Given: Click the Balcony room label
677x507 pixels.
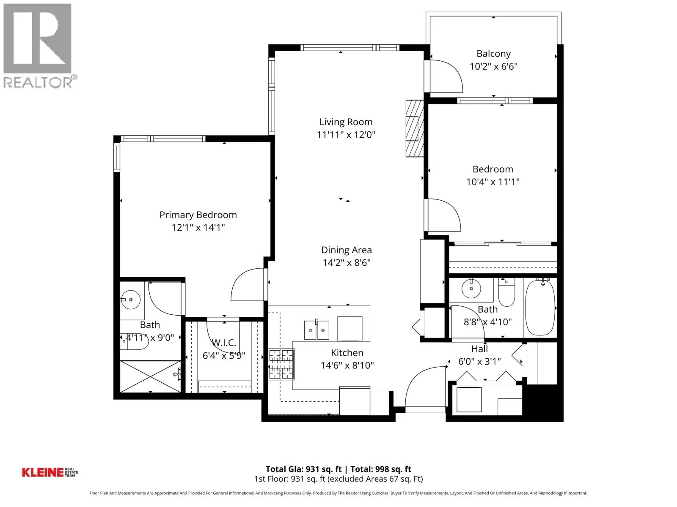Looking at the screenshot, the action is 493,54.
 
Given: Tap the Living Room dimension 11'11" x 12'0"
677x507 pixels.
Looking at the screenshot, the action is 346,134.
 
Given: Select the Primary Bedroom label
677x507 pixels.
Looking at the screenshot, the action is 198,215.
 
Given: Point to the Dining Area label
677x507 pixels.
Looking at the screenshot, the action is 347,250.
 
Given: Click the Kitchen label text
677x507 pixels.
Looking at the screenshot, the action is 347,352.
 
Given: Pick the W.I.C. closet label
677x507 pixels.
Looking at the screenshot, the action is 224,343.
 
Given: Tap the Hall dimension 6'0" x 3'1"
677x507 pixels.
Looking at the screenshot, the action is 479,361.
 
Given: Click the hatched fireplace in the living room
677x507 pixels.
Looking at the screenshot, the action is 415,128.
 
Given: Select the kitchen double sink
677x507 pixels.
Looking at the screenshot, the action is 316,330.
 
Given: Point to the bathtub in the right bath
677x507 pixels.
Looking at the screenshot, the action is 540,308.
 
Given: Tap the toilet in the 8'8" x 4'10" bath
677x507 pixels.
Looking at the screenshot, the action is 506,293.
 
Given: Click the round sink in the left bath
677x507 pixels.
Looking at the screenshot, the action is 130,299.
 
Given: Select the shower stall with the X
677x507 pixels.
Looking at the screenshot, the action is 150,376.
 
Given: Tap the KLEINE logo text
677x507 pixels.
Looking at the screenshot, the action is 43,472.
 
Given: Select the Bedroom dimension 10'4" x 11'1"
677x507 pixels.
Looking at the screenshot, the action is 493,182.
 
